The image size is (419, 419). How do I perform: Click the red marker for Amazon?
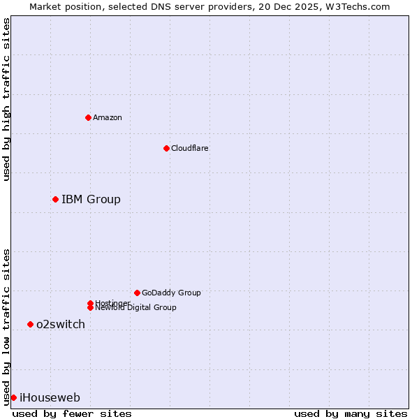(x=88, y=117)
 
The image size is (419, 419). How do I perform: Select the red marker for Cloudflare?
(x=166, y=148)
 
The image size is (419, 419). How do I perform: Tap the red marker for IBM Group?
(x=55, y=199)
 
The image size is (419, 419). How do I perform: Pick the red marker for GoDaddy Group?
(x=137, y=293)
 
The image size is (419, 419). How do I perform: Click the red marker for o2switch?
(x=30, y=324)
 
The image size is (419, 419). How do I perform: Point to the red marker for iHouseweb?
(x=13, y=397)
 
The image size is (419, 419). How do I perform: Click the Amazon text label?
(x=107, y=117)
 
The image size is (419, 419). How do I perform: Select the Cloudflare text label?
(x=189, y=148)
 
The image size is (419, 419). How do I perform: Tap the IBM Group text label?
(x=91, y=199)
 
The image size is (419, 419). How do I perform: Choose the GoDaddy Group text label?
(x=171, y=293)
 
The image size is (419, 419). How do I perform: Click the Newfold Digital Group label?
(x=135, y=308)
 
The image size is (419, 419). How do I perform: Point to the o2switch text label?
(x=61, y=324)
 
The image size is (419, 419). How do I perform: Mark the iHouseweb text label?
(x=50, y=397)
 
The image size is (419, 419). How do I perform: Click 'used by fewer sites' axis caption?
(x=72, y=413)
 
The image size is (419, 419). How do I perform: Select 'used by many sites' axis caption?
(x=351, y=413)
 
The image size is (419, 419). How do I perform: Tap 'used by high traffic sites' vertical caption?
(x=6, y=99)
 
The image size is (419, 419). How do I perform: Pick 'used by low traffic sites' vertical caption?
(x=6, y=326)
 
